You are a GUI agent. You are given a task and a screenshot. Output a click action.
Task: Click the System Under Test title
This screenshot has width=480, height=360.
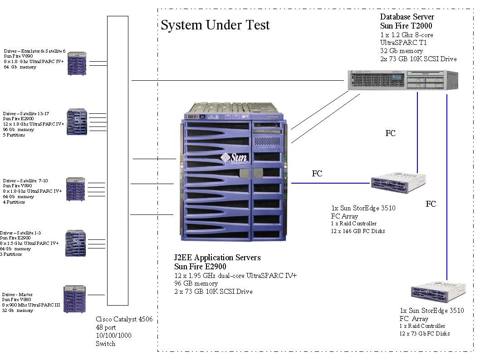pos(215,25)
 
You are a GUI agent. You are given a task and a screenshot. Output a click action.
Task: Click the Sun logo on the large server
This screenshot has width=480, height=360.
pos(234,159)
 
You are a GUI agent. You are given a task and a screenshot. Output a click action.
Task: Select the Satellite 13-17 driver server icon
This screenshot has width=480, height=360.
pos(78,121)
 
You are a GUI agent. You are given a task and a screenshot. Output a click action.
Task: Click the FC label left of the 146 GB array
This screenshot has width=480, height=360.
pos(317,173)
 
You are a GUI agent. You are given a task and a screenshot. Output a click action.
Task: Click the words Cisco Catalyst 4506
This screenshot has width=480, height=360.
pos(124,319)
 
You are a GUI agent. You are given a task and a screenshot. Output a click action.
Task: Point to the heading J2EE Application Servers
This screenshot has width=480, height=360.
pos(217,258)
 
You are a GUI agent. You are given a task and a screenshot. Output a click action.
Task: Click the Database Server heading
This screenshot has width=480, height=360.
pos(407,17)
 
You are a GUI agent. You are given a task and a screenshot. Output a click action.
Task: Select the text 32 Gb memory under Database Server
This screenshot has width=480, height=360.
pos(402,51)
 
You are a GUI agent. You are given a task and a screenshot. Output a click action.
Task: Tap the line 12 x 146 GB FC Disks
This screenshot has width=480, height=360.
pos(358,231)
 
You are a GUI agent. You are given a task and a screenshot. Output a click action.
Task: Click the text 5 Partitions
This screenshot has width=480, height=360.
pos(14,135)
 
